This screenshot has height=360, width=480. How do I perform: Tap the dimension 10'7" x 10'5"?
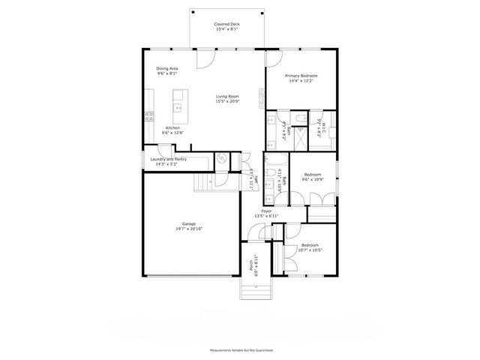309,250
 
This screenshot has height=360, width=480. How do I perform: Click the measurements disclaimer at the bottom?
240,350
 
